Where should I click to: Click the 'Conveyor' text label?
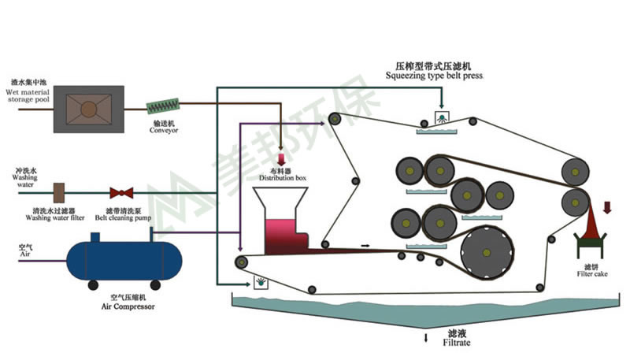point(163,131)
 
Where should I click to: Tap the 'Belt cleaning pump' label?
point(120,215)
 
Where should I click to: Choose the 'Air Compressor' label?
point(120,307)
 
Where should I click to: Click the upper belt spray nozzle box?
point(443,119)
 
